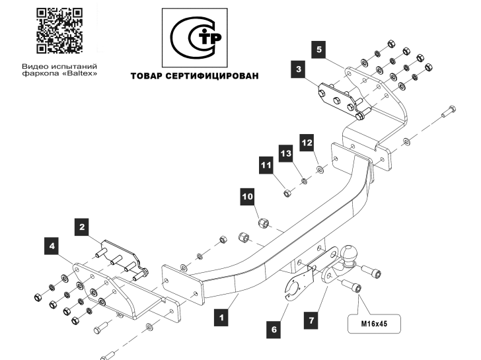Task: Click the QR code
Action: pyautogui.click(x=59, y=30)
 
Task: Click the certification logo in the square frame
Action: pyautogui.click(x=195, y=38)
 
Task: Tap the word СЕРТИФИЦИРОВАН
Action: pyautogui.click(x=212, y=76)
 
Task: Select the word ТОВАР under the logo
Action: pyautogui.click(x=146, y=76)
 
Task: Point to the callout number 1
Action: pyautogui.click(x=221, y=317)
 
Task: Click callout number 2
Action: pyautogui.click(x=82, y=227)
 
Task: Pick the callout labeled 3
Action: pyautogui.click(x=299, y=69)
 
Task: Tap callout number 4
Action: pyautogui.click(x=52, y=246)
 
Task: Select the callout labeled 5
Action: pyautogui.click(x=319, y=50)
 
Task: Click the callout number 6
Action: pyautogui.click(x=274, y=330)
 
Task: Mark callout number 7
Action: pyautogui.click(x=311, y=320)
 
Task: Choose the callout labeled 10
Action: pyautogui.click(x=248, y=196)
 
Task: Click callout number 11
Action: pyautogui.click(x=266, y=165)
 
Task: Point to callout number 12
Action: pyautogui.click(x=307, y=143)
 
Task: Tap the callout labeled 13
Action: pyautogui.click(x=286, y=153)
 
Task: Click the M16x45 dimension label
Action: pyautogui.click(x=374, y=324)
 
